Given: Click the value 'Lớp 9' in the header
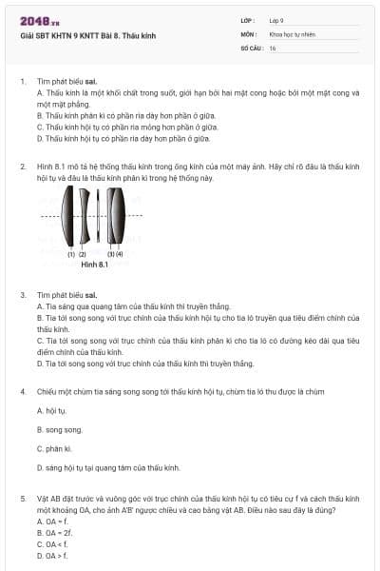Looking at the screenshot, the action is pos(276,20).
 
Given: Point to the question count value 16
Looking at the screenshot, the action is pos(273,48).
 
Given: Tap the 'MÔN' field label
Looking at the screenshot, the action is pos(248,33).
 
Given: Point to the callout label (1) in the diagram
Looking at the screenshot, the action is pos(71,254).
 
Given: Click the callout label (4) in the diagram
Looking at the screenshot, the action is pos(119,254).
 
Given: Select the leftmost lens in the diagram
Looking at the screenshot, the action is pos(67,217).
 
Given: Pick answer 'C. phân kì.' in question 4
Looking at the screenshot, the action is pos(55,448).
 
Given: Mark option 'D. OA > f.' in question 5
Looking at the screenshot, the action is pos(52,556).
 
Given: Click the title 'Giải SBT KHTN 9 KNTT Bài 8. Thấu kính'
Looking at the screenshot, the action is pos(87,36).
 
